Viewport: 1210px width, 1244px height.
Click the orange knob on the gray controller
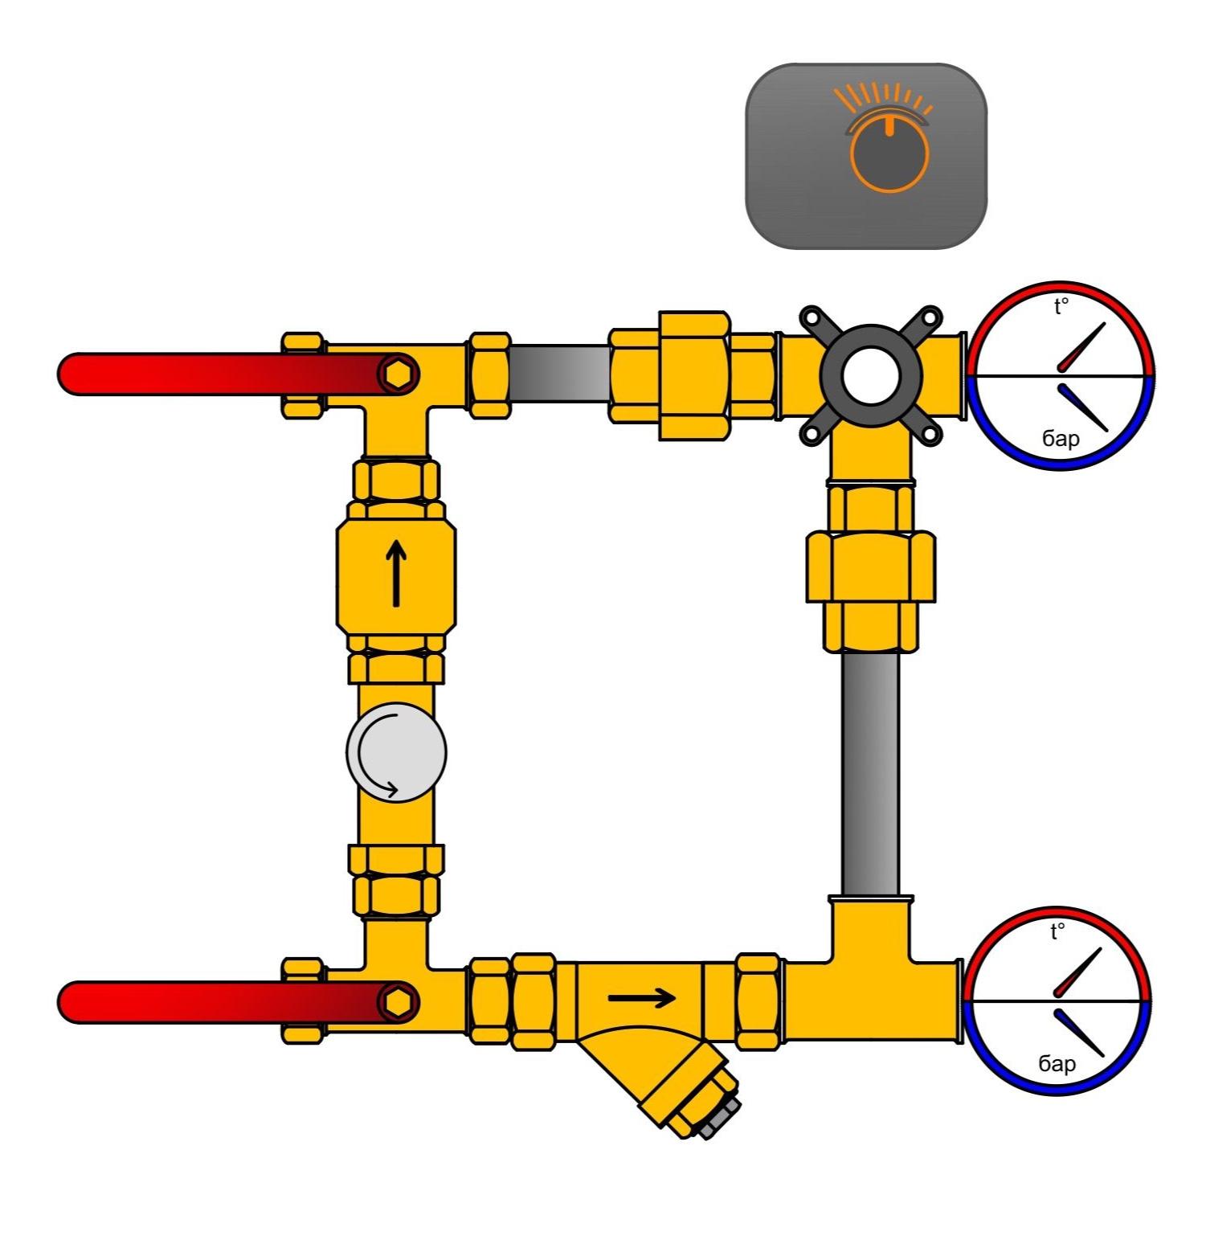(x=889, y=154)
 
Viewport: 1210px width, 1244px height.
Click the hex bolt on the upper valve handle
(x=399, y=374)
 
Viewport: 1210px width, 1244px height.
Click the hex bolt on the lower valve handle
(x=399, y=1002)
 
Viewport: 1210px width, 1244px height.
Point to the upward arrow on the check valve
(x=395, y=572)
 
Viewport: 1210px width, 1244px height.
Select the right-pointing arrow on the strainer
(x=641, y=998)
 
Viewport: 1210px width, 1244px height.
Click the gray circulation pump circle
(x=396, y=753)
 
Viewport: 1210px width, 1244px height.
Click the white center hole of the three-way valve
(x=871, y=374)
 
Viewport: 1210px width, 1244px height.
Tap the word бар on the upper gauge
(x=1061, y=438)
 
